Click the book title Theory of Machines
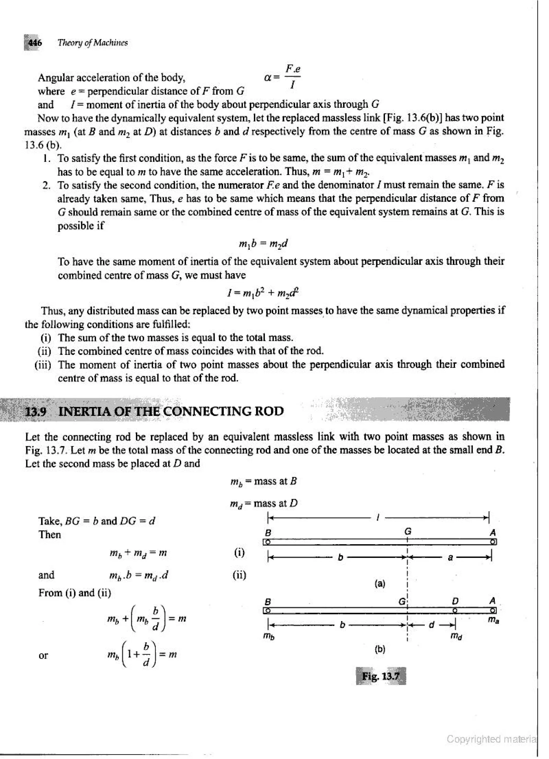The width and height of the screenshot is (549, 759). pos(93,43)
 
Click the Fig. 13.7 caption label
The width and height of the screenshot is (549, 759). pos(381,676)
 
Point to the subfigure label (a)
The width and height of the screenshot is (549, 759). pos(380,584)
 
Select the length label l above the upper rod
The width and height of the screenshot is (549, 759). pos(377,518)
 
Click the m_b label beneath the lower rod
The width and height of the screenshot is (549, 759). pos(270,636)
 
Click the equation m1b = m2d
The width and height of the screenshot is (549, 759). pos(263,244)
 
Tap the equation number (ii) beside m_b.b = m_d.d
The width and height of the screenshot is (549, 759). pos(239,575)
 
